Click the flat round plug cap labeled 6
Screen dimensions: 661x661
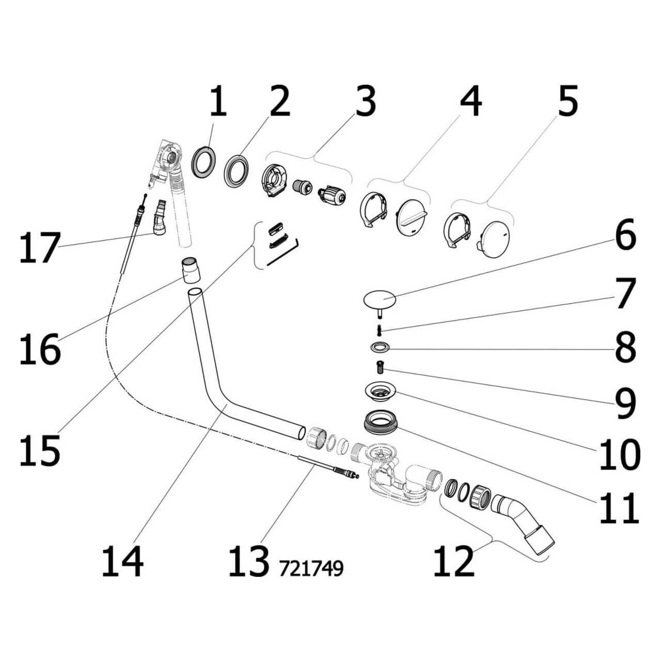[x=379, y=300]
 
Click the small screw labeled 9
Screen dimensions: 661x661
[x=380, y=367]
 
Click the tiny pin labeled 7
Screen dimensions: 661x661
[x=379, y=328]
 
